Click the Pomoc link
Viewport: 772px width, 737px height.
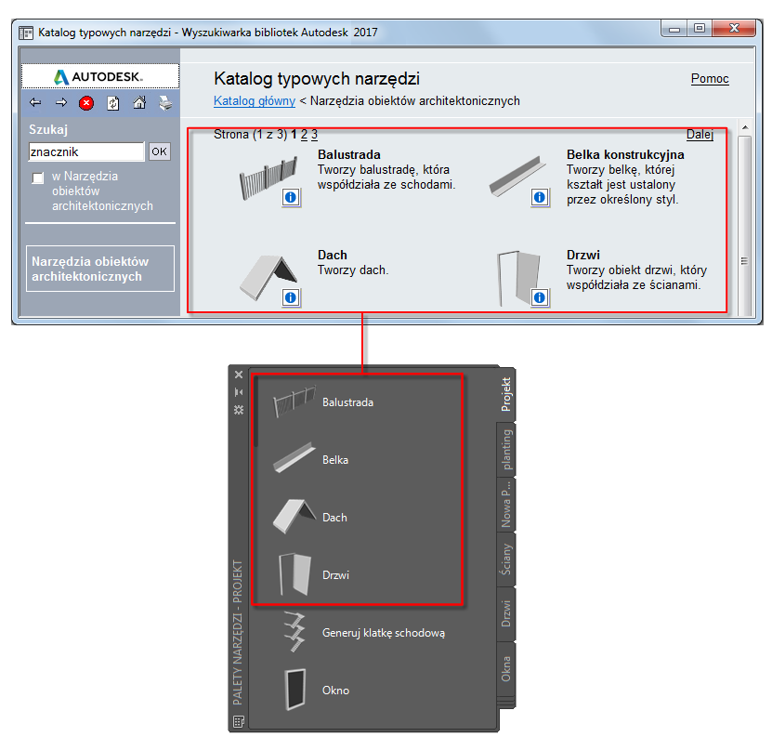[710, 79]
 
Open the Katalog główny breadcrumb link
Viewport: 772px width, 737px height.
[254, 101]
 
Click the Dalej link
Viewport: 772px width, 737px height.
[700, 134]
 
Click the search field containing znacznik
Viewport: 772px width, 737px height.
[86, 151]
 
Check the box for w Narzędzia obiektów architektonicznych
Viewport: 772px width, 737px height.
[38, 178]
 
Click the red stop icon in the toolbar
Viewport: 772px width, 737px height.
[86, 103]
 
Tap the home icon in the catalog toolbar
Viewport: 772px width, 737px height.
[139, 102]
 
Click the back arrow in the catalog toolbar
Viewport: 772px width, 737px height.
[35, 102]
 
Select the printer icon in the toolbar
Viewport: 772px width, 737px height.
[165, 103]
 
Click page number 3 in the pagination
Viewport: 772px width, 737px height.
[314, 134]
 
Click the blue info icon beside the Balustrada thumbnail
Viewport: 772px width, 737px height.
[291, 198]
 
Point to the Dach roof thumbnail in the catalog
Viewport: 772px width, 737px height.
[268, 277]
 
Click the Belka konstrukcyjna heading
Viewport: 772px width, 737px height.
[625, 154]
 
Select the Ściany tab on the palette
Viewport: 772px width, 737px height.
[506, 559]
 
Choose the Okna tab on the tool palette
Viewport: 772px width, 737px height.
[506, 669]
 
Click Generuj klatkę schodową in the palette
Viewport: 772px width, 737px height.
[384, 633]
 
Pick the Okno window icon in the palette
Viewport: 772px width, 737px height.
[294, 690]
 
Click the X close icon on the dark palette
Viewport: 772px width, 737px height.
[239, 375]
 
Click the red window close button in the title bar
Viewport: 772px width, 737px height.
[734, 28]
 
